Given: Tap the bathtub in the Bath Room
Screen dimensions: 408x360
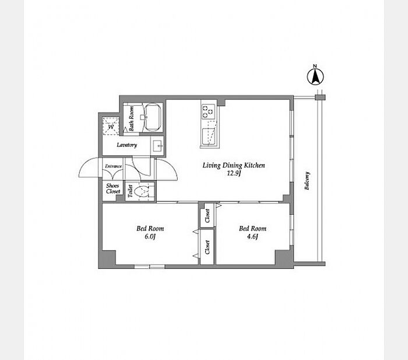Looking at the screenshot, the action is (153, 117).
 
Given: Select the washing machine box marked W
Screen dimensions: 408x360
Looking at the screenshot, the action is (111, 126).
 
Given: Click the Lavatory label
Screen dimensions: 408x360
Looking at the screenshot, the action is (126, 145).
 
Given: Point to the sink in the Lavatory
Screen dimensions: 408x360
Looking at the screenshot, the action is (157, 146).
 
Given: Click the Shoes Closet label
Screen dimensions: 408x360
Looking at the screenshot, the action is (113, 188).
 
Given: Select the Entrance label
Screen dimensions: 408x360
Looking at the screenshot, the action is (113, 166).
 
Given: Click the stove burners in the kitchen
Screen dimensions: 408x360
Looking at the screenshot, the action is (209, 111).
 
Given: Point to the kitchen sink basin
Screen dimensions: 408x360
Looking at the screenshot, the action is (209, 136).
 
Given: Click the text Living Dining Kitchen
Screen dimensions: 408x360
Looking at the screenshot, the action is (234, 165).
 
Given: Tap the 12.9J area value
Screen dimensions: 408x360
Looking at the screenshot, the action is (233, 173).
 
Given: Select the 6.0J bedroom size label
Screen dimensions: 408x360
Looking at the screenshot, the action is (150, 236).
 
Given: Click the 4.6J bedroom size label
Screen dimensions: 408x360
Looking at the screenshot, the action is (252, 236).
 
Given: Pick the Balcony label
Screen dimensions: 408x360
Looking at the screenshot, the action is (307, 180).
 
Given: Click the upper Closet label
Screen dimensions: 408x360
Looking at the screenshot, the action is (207, 216).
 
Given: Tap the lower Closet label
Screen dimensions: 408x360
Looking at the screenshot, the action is (207, 247).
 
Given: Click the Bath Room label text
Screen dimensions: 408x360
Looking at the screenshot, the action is (131, 118).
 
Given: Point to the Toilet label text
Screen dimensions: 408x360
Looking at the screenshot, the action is (131, 191).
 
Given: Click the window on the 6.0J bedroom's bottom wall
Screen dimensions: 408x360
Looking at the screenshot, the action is (149, 267).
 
